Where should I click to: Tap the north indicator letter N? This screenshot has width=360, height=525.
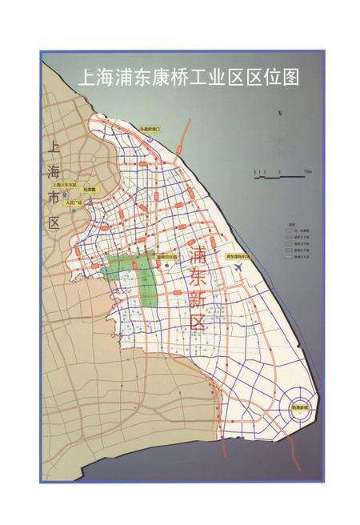tap(280, 114)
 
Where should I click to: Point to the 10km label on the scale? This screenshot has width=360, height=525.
tap(307, 171)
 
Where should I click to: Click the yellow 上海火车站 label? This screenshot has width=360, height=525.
tap(61, 185)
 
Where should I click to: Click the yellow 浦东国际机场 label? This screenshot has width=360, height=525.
tap(238, 257)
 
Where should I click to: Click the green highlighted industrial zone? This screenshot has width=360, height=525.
tap(133, 276)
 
